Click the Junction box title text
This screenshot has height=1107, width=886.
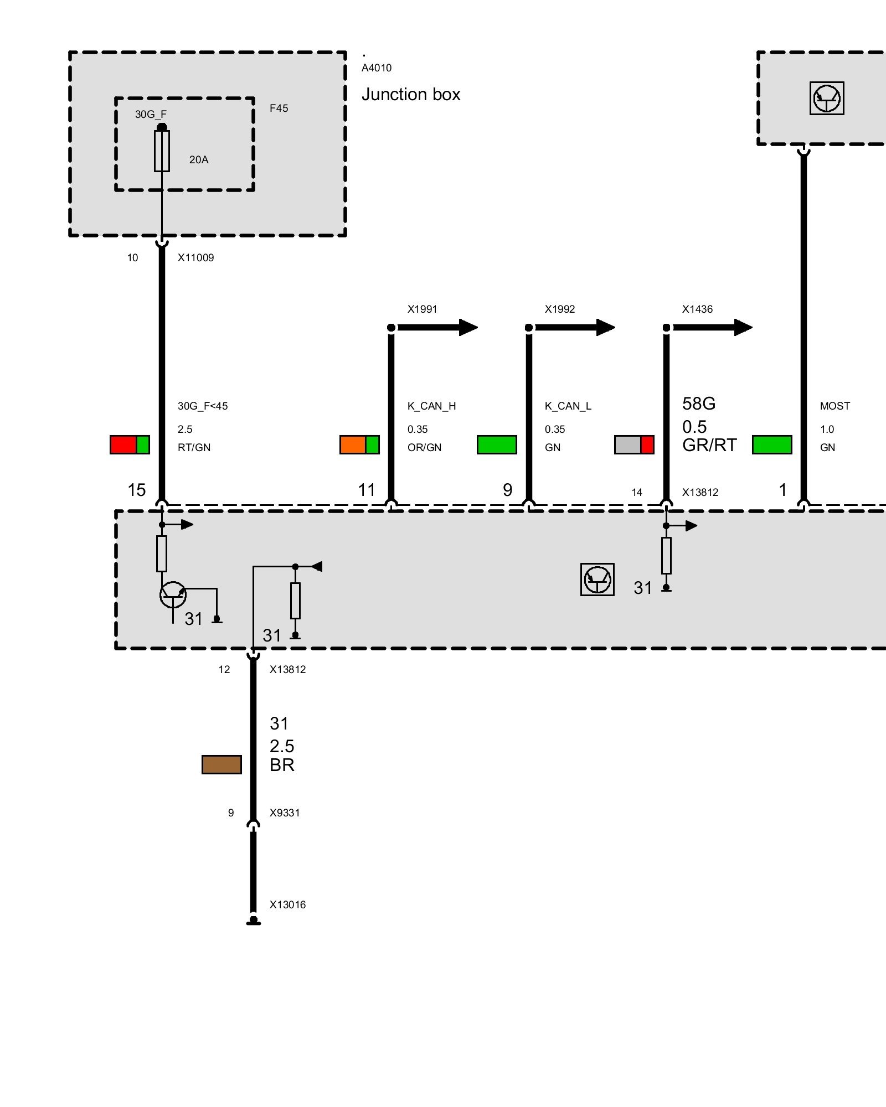[x=411, y=95]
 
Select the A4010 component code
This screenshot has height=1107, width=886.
[x=377, y=68]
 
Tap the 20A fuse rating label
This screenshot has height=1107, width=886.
[x=199, y=160]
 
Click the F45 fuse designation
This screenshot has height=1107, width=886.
[x=279, y=108]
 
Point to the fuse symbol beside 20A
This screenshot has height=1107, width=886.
[x=162, y=151]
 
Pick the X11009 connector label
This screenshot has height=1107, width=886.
[x=195, y=257]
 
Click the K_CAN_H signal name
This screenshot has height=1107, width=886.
[x=432, y=406]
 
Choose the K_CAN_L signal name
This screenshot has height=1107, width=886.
[x=568, y=406]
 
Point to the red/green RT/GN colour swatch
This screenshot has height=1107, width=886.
[x=130, y=444]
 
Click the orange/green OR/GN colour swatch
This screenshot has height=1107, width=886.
[x=359, y=444]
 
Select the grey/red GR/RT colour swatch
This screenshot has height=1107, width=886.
[x=634, y=444]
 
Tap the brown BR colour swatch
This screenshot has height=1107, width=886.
[x=221, y=764]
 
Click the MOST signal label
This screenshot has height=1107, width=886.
[x=835, y=406]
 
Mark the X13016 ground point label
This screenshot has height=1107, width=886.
[x=287, y=904]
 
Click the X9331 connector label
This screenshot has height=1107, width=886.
[x=285, y=813]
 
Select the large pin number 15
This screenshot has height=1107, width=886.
[x=137, y=490]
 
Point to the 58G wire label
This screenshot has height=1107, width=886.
[x=699, y=404]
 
